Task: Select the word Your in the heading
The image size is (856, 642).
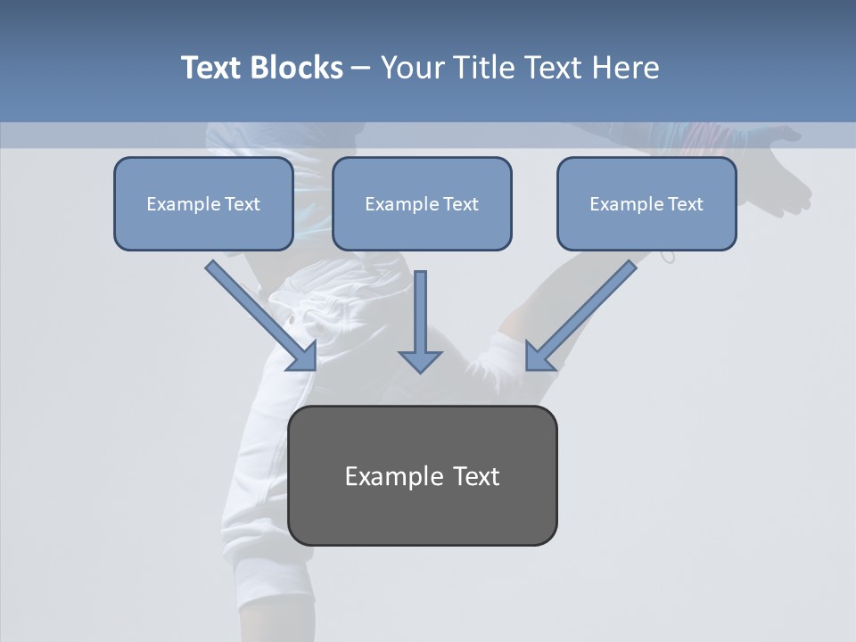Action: [x=413, y=68]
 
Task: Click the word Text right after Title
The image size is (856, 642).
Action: [x=553, y=68]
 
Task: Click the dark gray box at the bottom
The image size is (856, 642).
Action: [x=422, y=513]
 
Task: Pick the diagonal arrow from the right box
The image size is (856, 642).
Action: [x=584, y=312]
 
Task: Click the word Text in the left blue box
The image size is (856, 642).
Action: [x=243, y=204]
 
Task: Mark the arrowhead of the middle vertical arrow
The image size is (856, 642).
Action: [x=420, y=360]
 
